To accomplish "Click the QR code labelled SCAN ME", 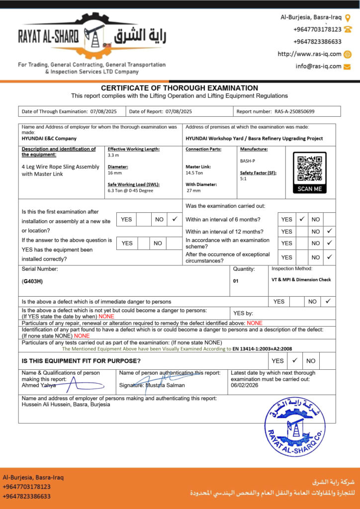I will (309, 169).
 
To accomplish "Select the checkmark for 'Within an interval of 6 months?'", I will (302, 219).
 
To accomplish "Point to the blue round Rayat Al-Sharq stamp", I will (295, 427).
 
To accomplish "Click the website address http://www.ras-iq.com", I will (309, 54).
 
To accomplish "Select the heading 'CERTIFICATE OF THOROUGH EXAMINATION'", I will (180, 88).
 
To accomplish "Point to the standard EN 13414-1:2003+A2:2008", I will (262, 349).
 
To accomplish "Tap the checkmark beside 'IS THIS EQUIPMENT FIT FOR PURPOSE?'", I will (294, 360).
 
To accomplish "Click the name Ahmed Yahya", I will (39, 385).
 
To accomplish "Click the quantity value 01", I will (236, 281).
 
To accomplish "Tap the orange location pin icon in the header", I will (348, 18).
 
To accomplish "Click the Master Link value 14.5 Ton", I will (194, 173).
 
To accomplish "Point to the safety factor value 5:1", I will (244, 178).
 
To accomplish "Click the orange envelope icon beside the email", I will (348, 66).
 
